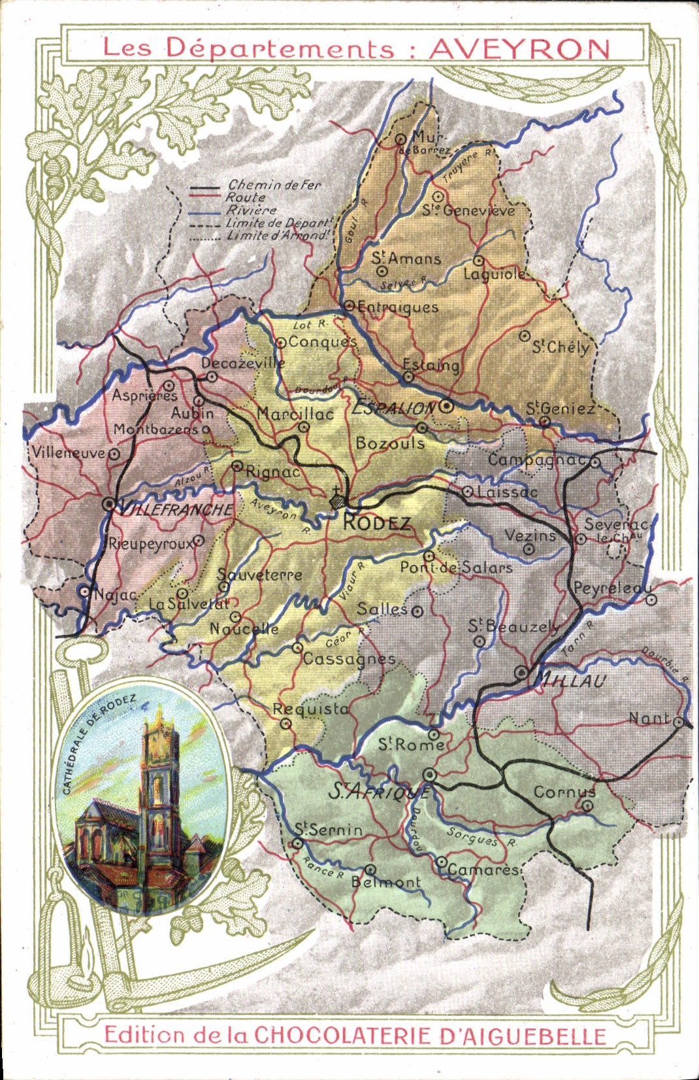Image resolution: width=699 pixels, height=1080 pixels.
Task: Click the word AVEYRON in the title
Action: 519,49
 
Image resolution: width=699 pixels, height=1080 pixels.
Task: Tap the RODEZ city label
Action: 377,522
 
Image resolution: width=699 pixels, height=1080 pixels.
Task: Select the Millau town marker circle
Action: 521,671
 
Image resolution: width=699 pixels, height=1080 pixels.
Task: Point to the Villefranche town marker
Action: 109,505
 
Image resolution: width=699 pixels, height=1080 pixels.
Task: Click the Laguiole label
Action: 494,275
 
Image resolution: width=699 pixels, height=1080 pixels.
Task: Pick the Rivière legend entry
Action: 252,211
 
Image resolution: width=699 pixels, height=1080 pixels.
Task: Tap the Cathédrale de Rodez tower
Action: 154,785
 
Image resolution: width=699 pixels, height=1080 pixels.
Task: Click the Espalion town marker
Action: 447,406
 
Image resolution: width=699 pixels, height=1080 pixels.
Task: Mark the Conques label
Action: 322,342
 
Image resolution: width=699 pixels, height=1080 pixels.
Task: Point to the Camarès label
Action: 483,869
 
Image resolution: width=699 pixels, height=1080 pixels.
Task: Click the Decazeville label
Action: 242,363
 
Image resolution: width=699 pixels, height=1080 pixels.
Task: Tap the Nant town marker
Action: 679,722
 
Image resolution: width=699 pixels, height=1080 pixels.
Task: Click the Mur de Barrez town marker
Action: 401,139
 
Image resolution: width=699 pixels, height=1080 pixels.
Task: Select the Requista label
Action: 310,709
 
